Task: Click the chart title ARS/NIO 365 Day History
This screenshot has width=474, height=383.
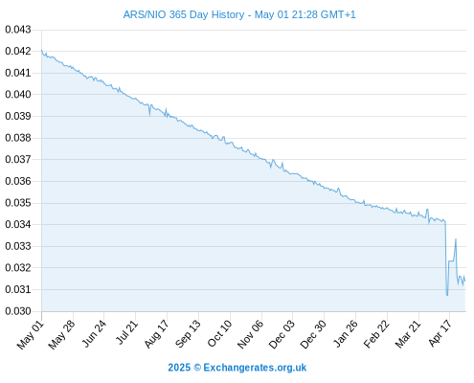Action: pos(184,14)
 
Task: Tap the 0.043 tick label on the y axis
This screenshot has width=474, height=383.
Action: pos(18,30)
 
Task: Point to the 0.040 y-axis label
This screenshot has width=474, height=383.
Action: pos(18,94)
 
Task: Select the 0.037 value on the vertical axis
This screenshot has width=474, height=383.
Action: pos(18,159)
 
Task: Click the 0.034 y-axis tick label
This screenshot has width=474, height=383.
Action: pos(18,224)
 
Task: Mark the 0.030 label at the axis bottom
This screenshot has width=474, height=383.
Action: pos(18,311)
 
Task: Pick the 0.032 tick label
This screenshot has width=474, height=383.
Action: pos(18,267)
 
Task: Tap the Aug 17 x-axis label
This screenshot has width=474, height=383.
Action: pos(156,333)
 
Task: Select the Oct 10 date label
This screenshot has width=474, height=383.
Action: pos(219,333)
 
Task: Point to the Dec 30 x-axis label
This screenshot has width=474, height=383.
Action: pos(313,334)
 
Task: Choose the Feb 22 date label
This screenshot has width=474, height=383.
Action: pos(376,333)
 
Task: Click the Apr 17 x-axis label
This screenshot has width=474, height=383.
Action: pos(440,333)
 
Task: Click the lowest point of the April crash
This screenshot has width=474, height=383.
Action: pos(447,295)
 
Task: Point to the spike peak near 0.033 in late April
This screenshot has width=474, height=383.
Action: pos(456,238)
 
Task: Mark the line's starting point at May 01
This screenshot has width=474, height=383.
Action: pos(41,50)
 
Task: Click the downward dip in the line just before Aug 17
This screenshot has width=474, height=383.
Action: pos(149,115)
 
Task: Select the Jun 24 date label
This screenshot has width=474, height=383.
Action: pos(94,333)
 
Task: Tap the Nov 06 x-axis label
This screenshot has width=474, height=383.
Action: pos(251,334)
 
